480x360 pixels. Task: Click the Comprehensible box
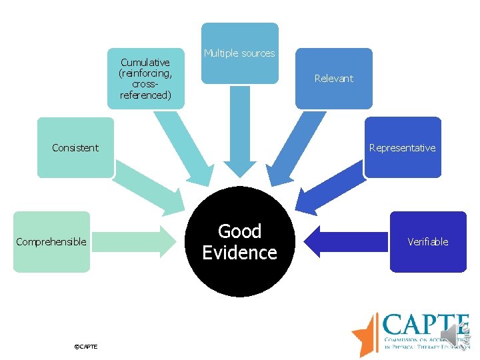[51, 241]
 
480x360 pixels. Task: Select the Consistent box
[75, 147]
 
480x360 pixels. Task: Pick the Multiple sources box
[239, 53]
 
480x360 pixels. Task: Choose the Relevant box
[333, 78]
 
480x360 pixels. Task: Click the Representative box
[402, 147]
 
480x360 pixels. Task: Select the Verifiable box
[427, 241]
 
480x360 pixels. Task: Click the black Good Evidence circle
[239, 241]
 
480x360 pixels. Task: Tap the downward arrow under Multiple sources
[239, 133]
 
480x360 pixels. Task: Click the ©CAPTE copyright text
[86, 347]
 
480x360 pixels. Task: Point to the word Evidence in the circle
[239, 253]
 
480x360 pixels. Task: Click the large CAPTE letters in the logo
[425, 326]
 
